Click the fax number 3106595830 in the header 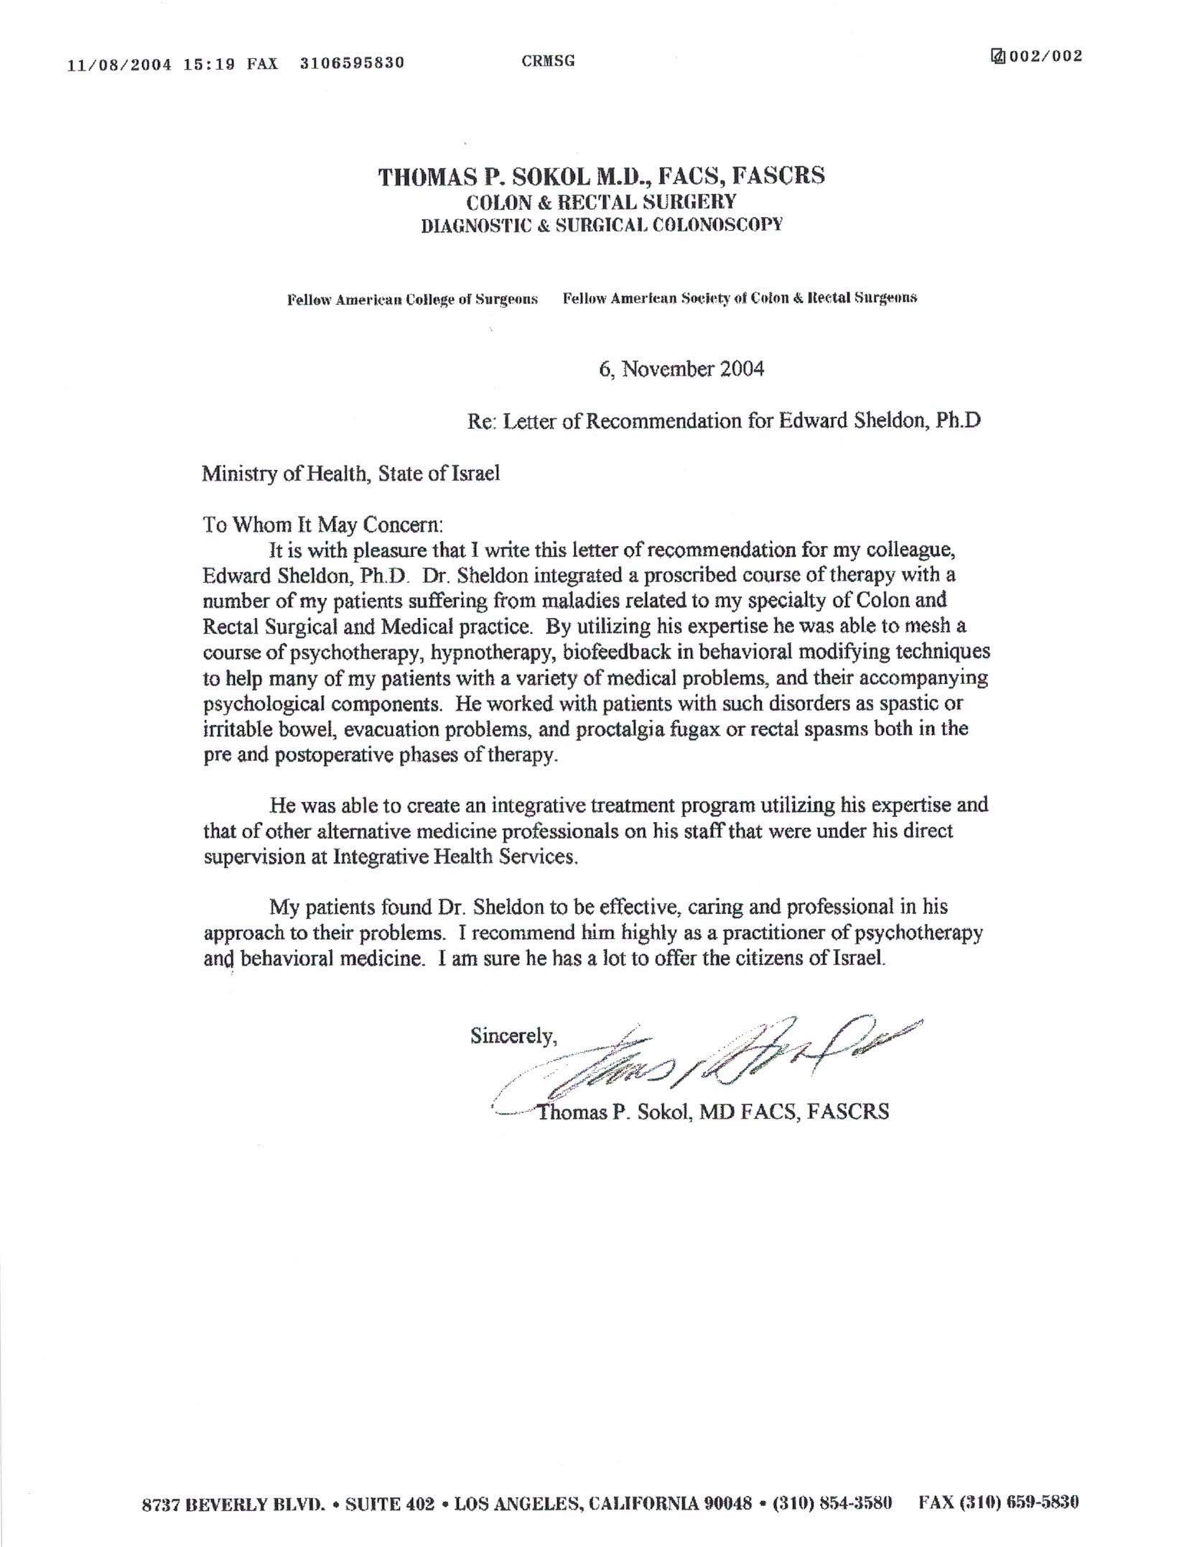click(x=352, y=63)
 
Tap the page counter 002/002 click(x=1045, y=57)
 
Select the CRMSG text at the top click(x=549, y=61)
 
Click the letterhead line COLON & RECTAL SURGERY click(x=601, y=202)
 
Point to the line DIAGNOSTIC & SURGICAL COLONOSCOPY click(x=601, y=225)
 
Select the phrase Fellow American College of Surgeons click(x=412, y=300)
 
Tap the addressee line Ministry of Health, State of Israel click(x=350, y=474)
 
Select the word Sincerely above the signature click(x=513, y=1035)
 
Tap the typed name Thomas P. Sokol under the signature click(x=615, y=1112)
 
